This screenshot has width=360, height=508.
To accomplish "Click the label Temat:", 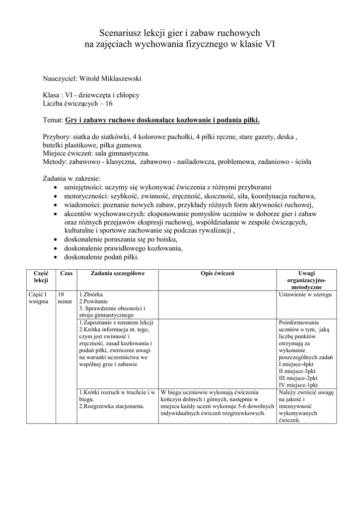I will [x=53, y=120].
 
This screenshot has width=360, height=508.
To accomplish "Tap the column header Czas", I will [x=66, y=273].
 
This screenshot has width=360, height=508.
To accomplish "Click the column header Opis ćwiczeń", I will [x=217, y=273].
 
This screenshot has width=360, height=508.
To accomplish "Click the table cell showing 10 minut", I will [x=65, y=298].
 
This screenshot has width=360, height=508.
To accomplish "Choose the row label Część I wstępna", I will [x=38, y=298].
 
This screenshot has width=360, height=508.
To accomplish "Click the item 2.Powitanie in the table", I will [x=95, y=301].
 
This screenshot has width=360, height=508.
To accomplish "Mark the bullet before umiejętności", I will [x=55, y=188].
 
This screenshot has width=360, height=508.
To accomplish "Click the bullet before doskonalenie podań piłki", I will [x=55, y=257].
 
